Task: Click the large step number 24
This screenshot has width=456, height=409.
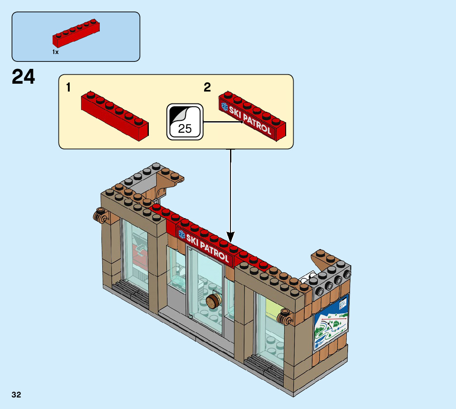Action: click(x=24, y=77)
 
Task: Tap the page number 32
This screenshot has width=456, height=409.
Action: click(x=16, y=395)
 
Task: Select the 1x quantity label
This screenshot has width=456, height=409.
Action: click(x=56, y=52)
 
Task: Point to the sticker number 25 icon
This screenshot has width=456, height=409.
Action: click(x=185, y=122)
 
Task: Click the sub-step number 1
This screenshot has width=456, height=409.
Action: click(x=68, y=87)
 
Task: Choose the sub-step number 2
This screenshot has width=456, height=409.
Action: click(x=207, y=87)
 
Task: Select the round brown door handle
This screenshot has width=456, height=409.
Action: click(x=214, y=302)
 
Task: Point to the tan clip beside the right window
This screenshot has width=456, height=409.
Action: click(x=284, y=315)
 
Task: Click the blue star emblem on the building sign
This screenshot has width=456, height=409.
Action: click(x=181, y=234)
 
